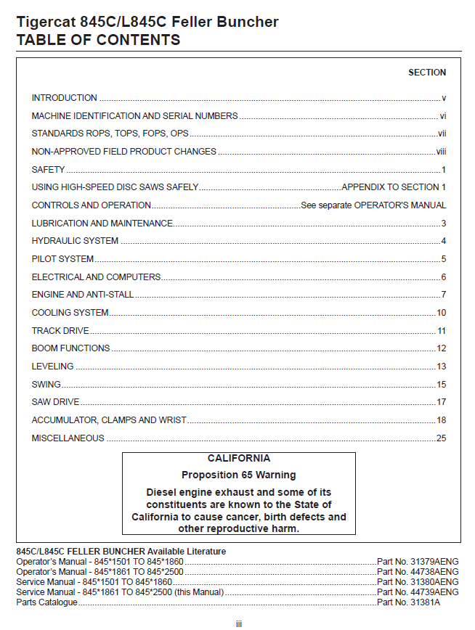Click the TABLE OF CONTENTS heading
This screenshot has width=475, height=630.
[98, 40]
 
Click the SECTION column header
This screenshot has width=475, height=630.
[427, 73]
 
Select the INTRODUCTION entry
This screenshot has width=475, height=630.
[64, 98]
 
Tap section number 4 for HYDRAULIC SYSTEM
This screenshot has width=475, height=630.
[443, 241]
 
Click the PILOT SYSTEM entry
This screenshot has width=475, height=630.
[62, 259]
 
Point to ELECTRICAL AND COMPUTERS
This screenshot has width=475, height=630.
[96, 277]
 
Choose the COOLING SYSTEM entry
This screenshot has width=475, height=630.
[70, 313]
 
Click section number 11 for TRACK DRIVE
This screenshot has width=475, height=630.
[441, 331]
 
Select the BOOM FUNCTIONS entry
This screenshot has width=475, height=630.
[70, 348]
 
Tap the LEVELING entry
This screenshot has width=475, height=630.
[52, 367]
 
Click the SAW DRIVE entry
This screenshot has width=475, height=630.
[55, 402]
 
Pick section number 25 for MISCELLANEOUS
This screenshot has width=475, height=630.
[441, 438]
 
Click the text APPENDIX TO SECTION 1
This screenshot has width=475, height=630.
[394, 187]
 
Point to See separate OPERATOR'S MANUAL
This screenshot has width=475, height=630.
[373, 205]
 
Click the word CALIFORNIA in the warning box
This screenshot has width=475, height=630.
[238, 459]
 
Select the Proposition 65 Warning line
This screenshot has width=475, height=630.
[238, 475]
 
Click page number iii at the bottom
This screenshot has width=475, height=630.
[238, 623]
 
